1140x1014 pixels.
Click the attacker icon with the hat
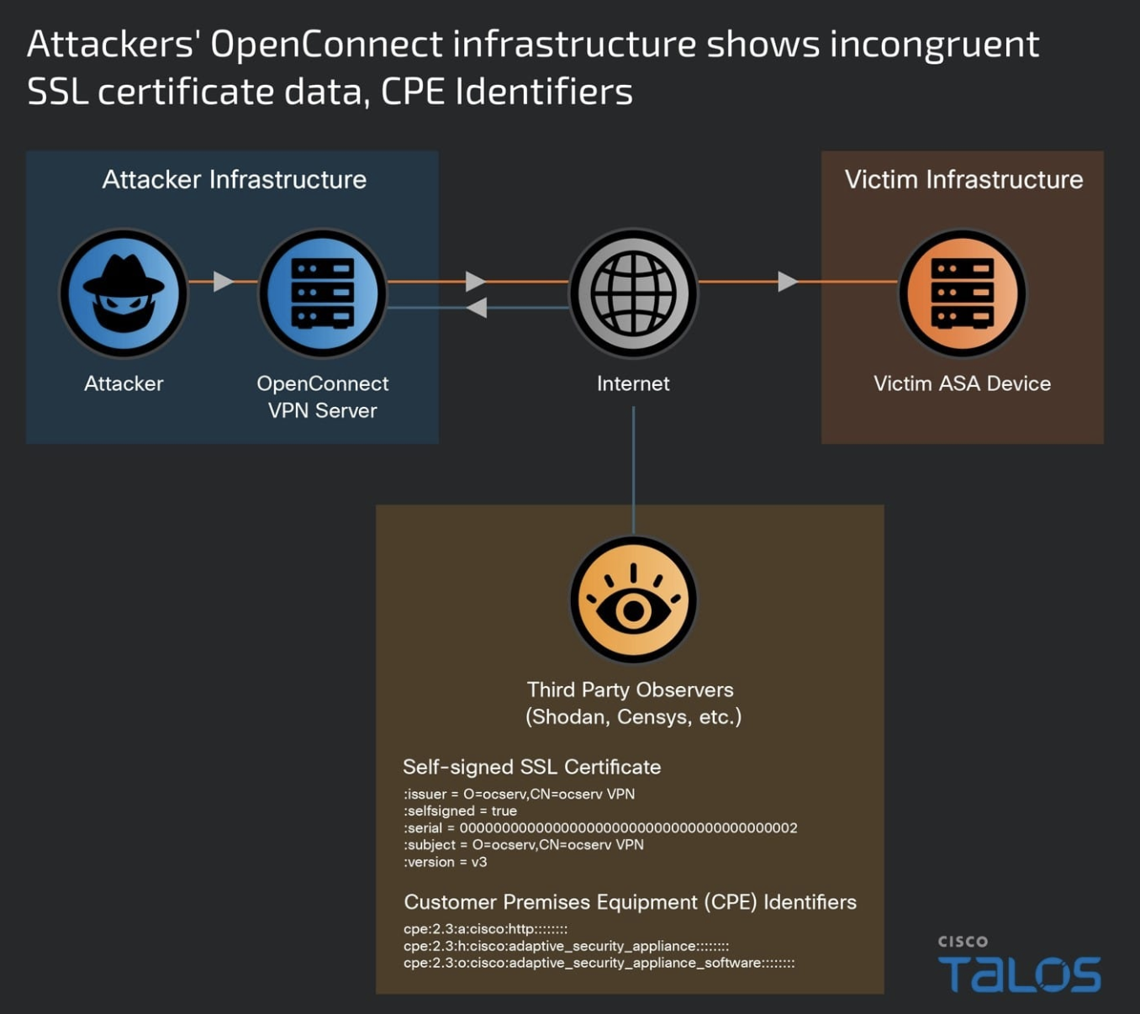(124, 293)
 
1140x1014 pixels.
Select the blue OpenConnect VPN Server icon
(323, 293)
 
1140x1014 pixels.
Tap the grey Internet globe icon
(633, 293)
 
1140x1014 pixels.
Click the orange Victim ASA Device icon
(963, 293)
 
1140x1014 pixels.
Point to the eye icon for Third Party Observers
(633, 600)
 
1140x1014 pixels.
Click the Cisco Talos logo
(1019, 965)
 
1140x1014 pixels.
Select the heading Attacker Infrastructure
(234, 180)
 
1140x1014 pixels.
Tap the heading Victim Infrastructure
(963, 180)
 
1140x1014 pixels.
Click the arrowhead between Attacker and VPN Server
(223, 281)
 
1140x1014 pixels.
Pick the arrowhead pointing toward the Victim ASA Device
(788, 281)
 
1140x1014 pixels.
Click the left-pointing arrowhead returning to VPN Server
(477, 308)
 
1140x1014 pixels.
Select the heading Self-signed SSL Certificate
(531, 767)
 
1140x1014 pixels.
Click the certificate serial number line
(600, 828)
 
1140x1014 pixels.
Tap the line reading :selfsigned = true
(460, 811)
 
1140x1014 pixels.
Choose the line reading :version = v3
(446, 862)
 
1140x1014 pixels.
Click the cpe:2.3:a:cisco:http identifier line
(486, 929)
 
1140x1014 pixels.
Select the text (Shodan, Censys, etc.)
(633, 717)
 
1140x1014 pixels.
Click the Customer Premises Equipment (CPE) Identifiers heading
(630, 902)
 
